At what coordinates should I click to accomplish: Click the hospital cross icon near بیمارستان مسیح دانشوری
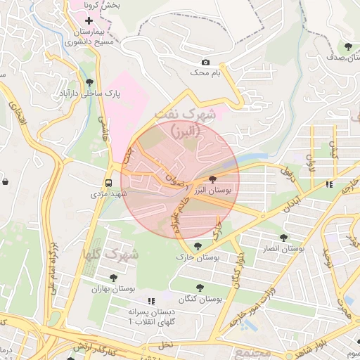pos(89,21)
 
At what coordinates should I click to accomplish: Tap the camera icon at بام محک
pos(205,63)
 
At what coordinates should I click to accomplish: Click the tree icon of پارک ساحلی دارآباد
pos(87,83)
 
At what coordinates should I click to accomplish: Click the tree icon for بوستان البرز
pos(213,181)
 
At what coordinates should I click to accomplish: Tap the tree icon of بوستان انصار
pos(283,239)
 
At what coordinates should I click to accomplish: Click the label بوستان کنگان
pos(200,299)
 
